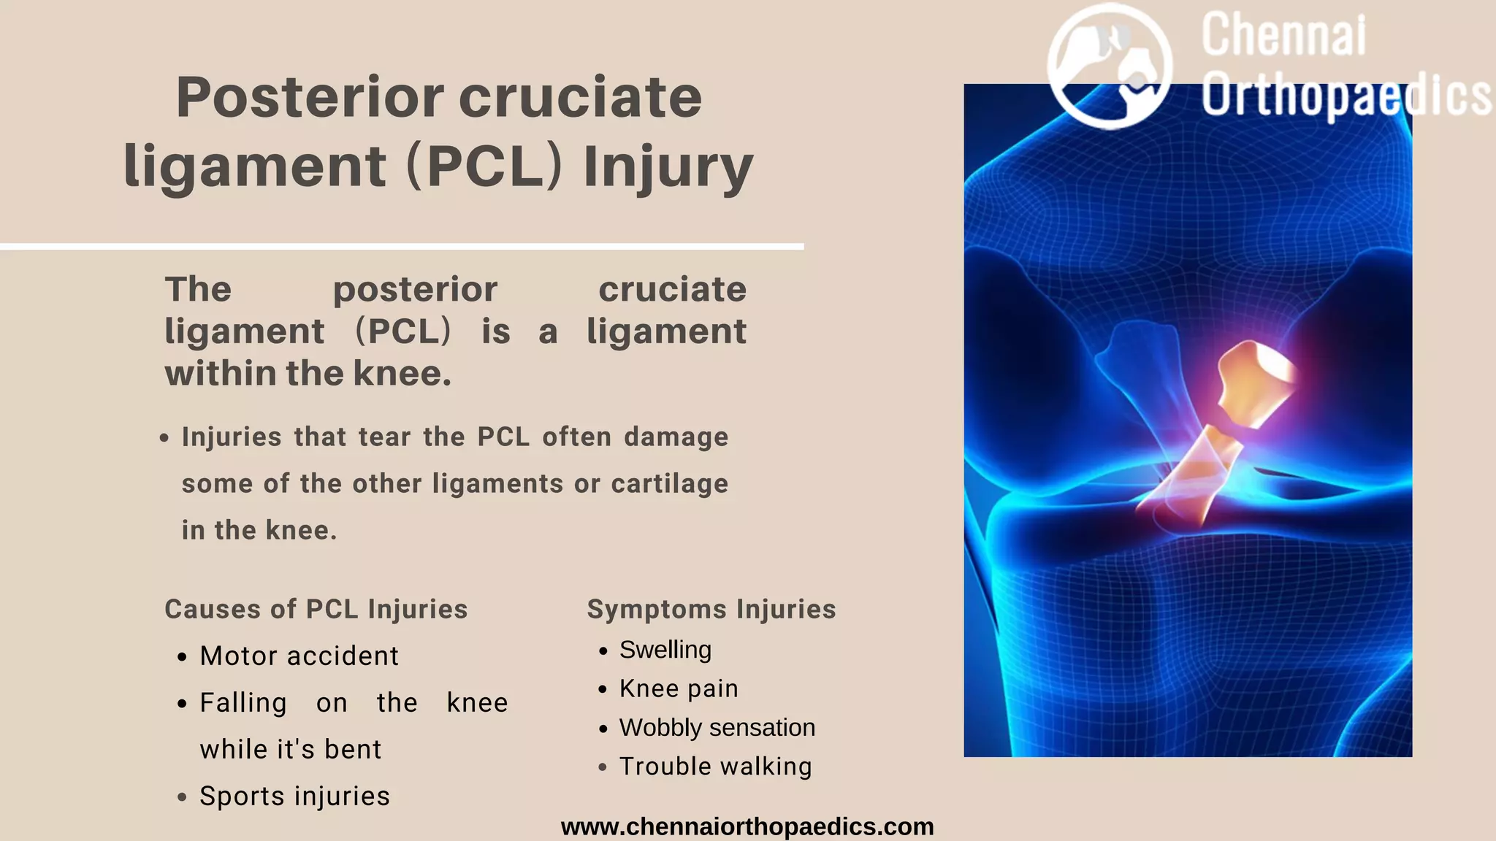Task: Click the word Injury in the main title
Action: point(668,166)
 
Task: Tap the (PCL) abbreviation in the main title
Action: point(484,166)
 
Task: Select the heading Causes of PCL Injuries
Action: point(316,609)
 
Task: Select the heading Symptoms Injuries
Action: point(711,609)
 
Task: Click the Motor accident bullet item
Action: point(299,656)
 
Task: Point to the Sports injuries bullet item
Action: point(294,796)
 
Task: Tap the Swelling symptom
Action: point(665,650)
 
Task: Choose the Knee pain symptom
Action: point(679,688)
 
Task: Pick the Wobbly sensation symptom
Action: point(717,727)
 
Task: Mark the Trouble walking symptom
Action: point(715,767)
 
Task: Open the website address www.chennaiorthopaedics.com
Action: point(747,826)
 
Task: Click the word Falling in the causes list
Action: point(243,702)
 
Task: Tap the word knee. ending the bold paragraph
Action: point(402,373)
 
